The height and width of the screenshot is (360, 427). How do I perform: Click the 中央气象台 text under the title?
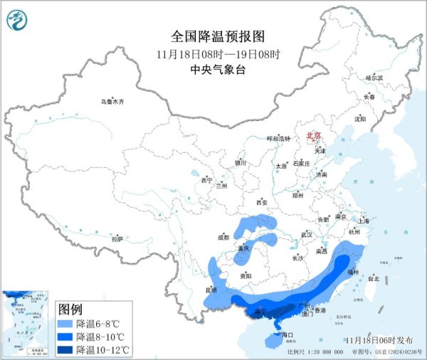coord(218,69)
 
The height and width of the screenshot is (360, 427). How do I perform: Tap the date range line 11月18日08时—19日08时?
coord(218,53)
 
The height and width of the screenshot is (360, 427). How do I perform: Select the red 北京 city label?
coord(314,135)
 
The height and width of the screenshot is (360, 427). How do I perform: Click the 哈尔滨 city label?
coord(374,77)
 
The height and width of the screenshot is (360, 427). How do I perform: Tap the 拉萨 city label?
coord(117,238)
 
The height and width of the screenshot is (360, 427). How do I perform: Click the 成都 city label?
coord(224,237)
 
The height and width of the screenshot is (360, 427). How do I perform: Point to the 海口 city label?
coord(288,334)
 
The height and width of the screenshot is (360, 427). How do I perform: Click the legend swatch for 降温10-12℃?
coord(66,349)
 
